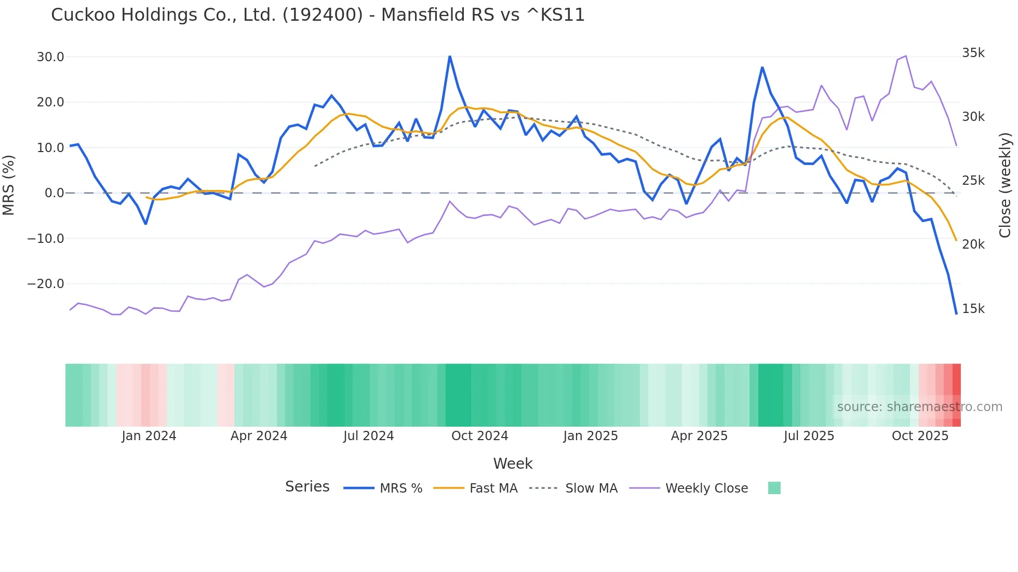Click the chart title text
pyautogui.click(x=317, y=15)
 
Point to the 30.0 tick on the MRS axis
pyautogui.click(x=50, y=57)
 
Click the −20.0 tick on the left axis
pyautogui.click(x=46, y=284)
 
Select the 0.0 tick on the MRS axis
pyautogui.click(x=54, y=193)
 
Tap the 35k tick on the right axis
pyautogui.click(x=973, y=53)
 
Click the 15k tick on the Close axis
pyautogui.click(x=973, y=309)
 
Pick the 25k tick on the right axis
pyautogui.click(x=973, y=181)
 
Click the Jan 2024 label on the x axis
pyautogui.click(x=149, y=436)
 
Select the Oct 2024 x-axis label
pyautogui.click(x=479, y=436)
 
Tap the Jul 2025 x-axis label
pyautogui.click(x=809, y=436)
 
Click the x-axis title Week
pyautogui.click(x=513, y=464)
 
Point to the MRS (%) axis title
pyautogui.click(x=9, y=185)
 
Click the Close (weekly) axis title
pyautogui.click(x=1006, y=185)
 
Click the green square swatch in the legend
pyautogui.click(x=774, y=488)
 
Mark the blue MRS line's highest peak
pyautogui.click(x=450, y=57)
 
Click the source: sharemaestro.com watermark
pyautogui.click(x=919, y=407)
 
